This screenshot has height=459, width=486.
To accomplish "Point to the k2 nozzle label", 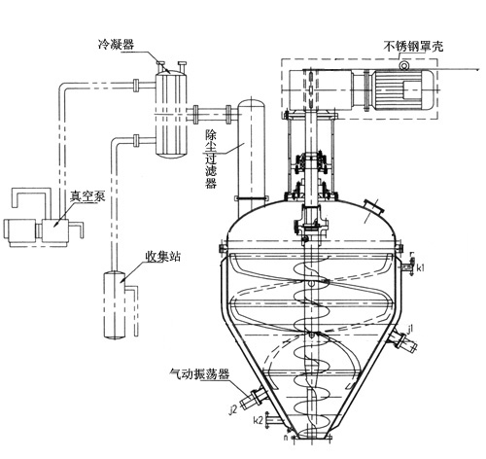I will (258, 421).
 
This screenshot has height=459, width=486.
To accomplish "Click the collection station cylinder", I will (116, 305).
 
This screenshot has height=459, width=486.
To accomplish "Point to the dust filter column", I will (249, 146).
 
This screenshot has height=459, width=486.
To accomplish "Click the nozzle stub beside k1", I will (405, 265).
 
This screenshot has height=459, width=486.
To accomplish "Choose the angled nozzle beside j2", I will (255, 396).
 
